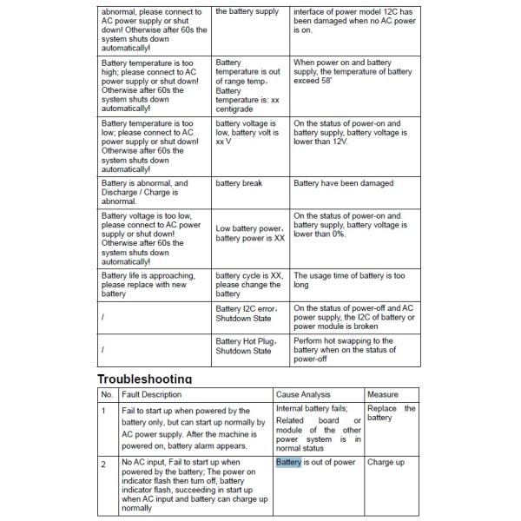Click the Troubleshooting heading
pos(143,379)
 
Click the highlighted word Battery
pos(288,463)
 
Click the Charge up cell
pos(386,463)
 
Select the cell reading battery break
pos(239,183)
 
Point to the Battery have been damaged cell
pos(343,183)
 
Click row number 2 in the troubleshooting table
pos(103,464)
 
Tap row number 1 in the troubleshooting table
pos(103,410)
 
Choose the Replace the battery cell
pos(391,412)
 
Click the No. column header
pos(107,394)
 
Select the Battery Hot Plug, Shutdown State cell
pos(246,346)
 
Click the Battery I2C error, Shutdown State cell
pos(247,313)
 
